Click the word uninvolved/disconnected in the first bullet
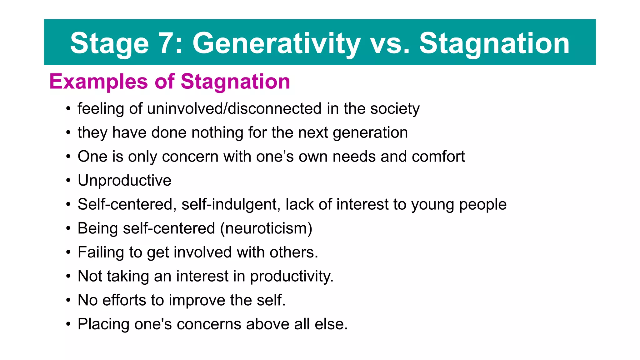[x=234, y=108]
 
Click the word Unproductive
[x=124, y=180]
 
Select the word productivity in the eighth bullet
[x=292, y=277]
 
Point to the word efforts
[x=124, y=300]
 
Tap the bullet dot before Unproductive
[x=68, y=181]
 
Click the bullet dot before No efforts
[x=68, y=300]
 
